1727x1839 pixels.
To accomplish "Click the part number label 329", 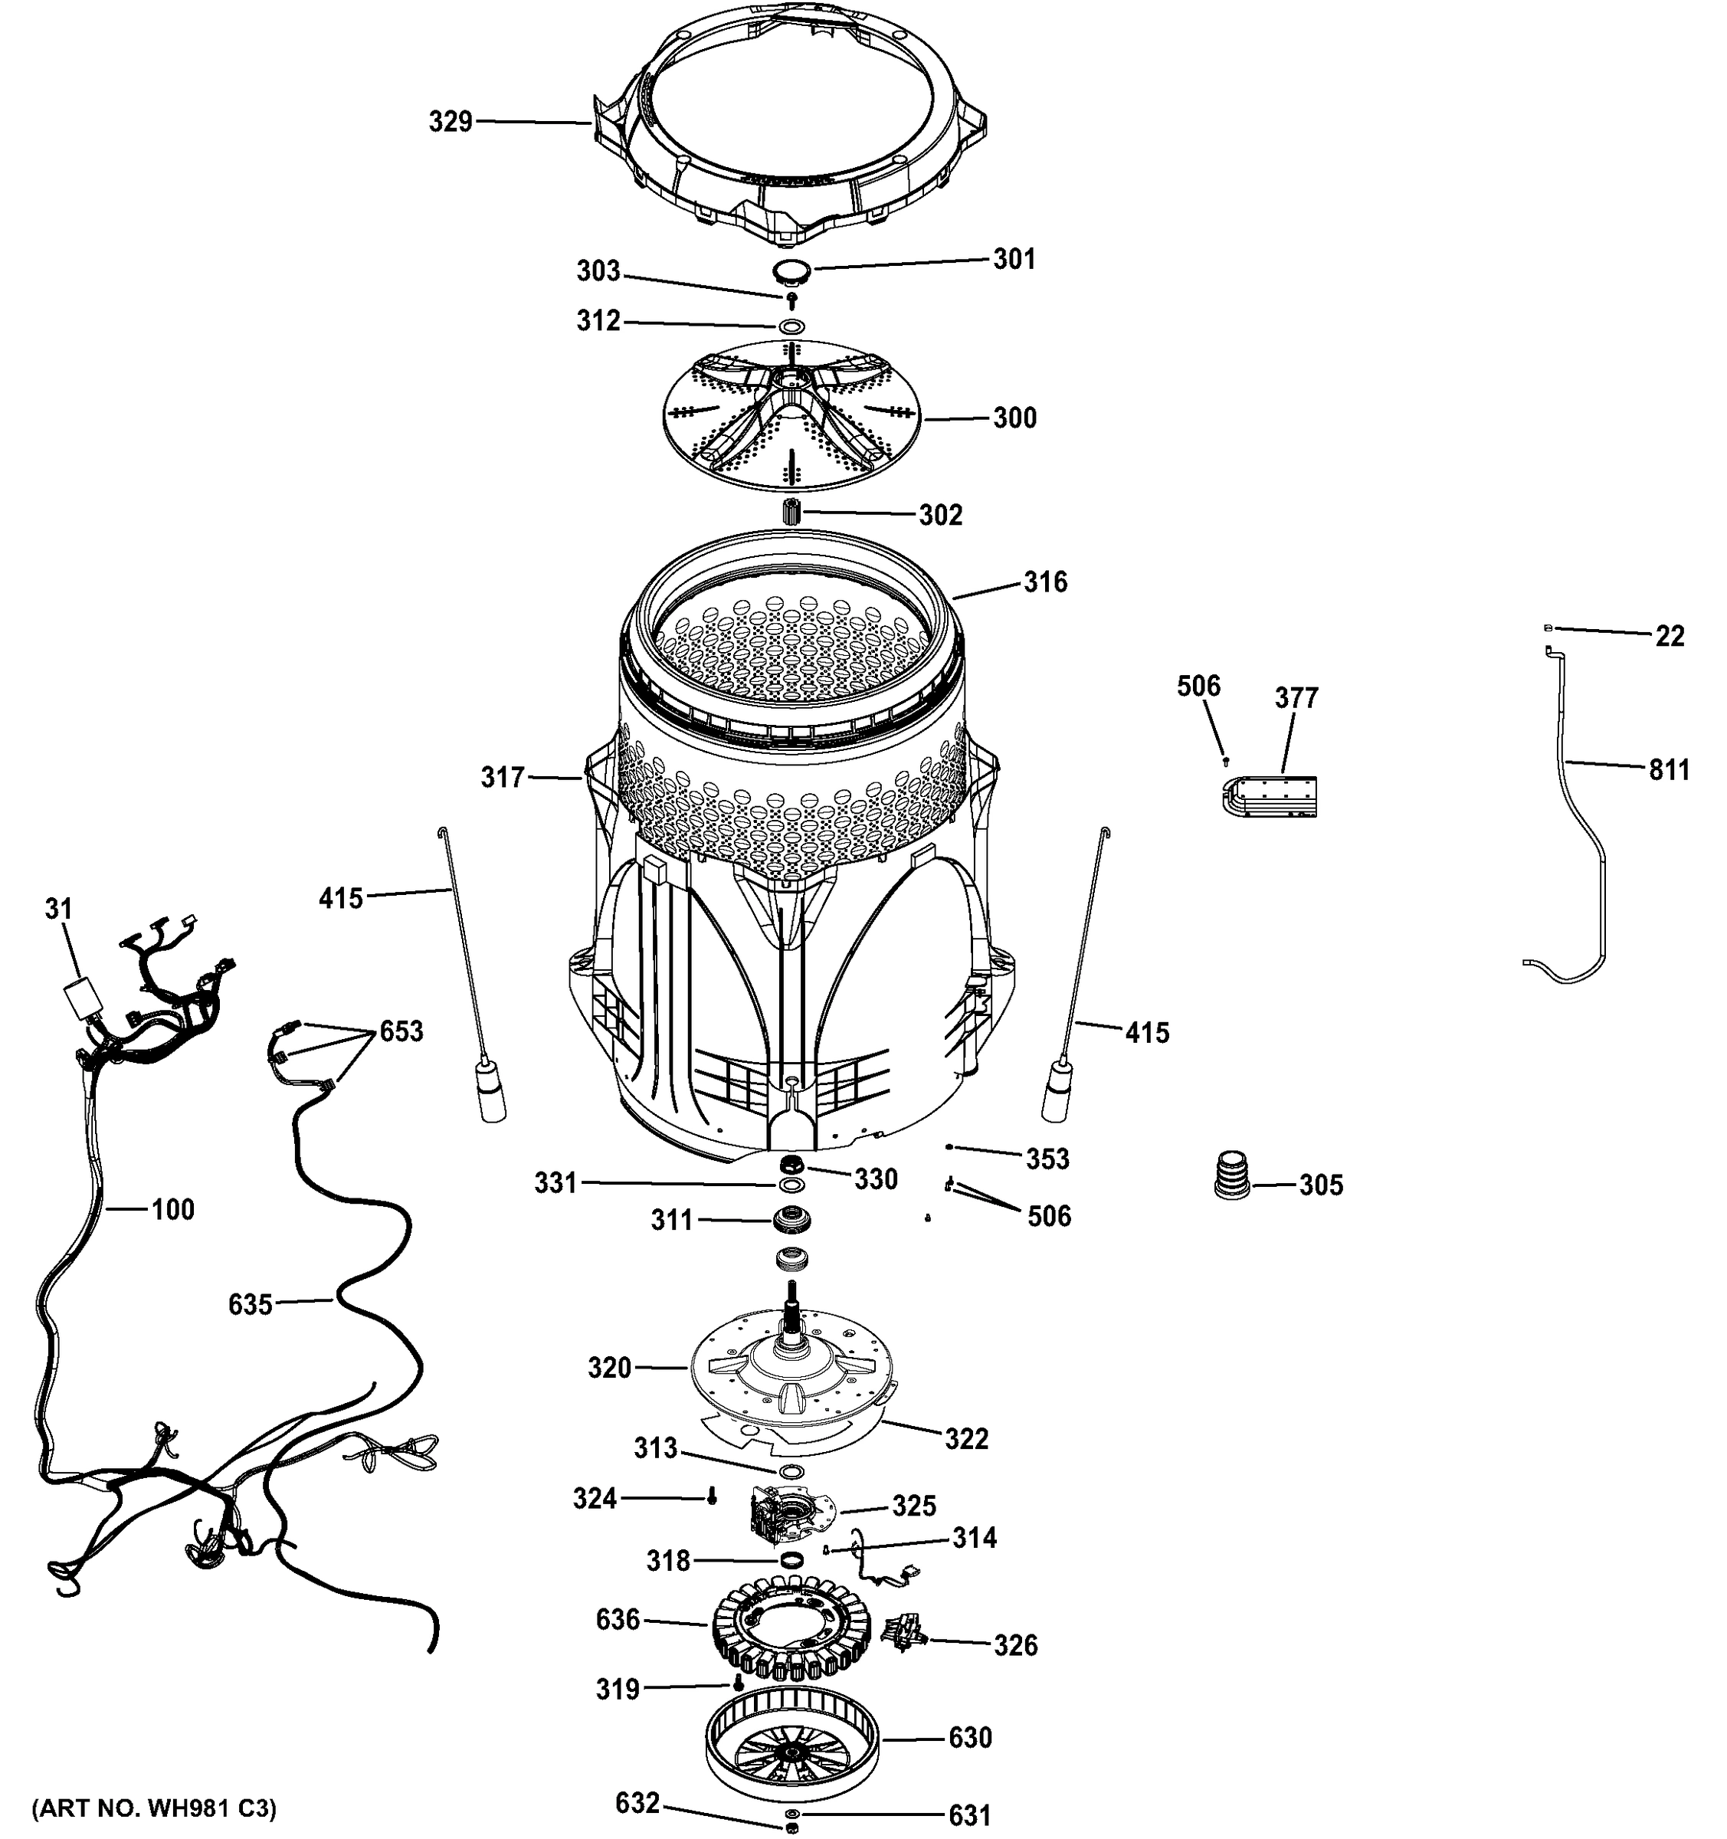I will click(451, 121).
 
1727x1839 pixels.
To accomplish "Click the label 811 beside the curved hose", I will click(1669, 769).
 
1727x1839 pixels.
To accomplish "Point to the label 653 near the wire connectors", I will click(401, 1031).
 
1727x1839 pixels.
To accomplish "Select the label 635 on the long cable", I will click(251, 1304).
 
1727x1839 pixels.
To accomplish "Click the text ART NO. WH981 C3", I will click(153, 1808).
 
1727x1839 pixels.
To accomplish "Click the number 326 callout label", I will click(1016, 1644).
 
